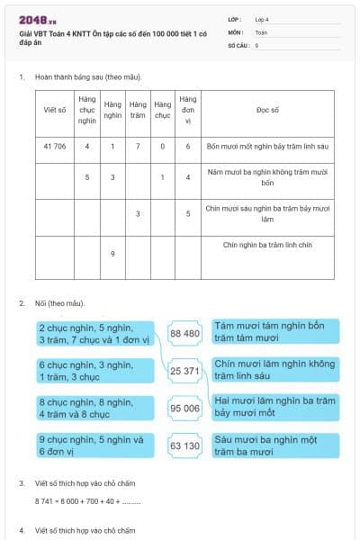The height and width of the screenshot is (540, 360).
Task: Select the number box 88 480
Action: coord(184,334)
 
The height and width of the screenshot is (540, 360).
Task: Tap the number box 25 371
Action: coord(184,371)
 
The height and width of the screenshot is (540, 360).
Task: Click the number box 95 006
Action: coord(184,408)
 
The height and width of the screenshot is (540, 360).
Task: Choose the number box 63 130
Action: coord(184,445)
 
